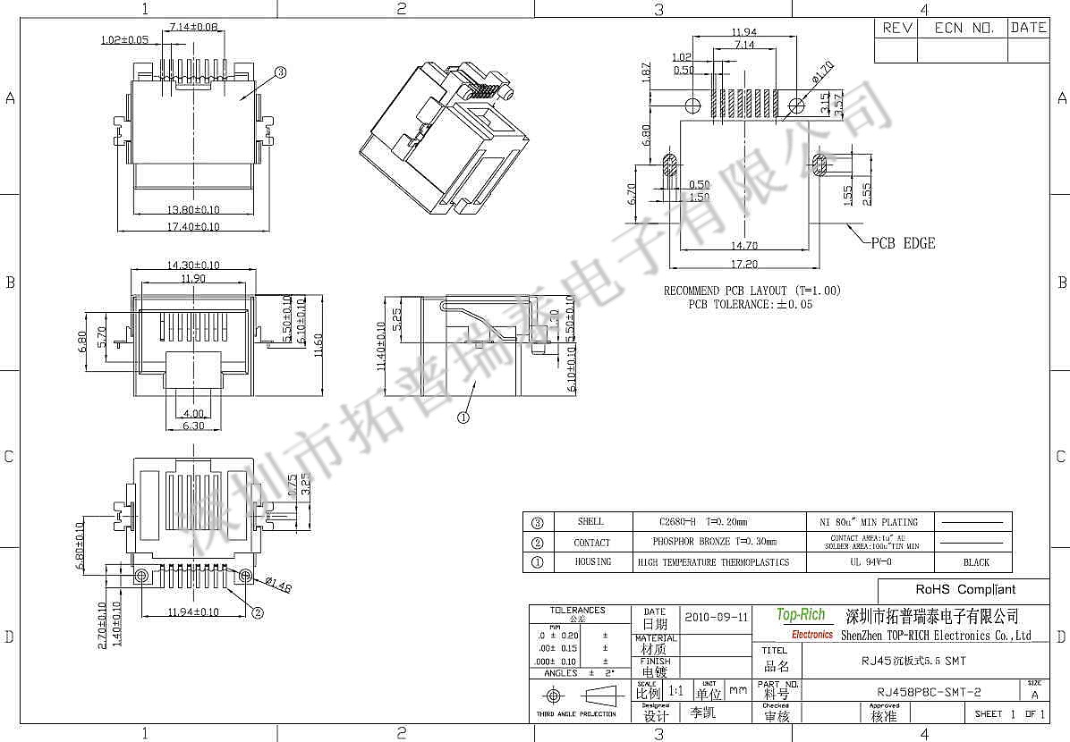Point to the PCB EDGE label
click(x=903, y=243)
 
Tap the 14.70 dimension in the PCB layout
click(x=745, y=245)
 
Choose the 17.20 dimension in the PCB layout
click(x=745, y=265)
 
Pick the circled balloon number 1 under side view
click(x=463, y=417)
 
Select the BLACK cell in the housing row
click(x=976, y=562)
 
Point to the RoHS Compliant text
click(x=964, y=590)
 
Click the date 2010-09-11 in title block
click(x=717, y=617)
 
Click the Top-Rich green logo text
click(x=801, y=615)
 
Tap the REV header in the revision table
click(x=897, y=28)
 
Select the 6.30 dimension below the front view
click(x=192, y=426)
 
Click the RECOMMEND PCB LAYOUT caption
click(x=752, y=291)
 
